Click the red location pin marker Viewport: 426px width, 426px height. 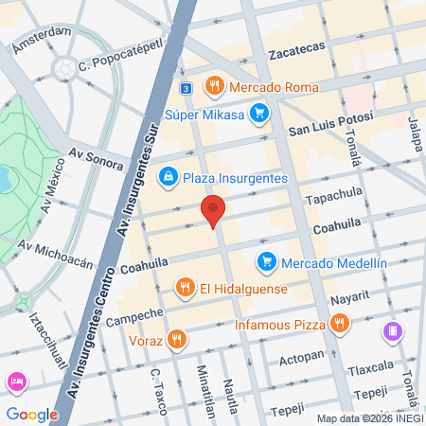214,210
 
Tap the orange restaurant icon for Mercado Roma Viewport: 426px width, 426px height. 215,86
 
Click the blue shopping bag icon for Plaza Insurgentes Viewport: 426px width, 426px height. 168,175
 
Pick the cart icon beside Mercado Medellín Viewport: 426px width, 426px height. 267,261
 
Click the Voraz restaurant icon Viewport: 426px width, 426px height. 176,339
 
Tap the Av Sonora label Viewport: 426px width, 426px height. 97,158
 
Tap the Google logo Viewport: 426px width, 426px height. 31,414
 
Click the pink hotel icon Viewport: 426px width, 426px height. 16,382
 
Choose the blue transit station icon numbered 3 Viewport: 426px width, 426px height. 186,87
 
